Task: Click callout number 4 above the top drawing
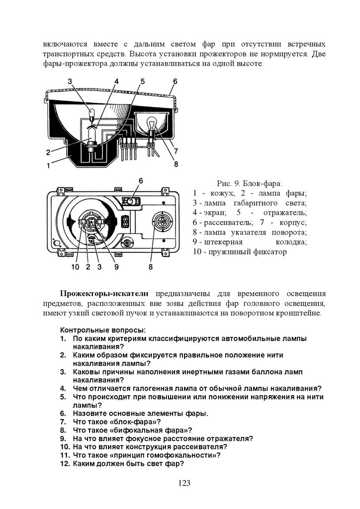[x=116, y=81]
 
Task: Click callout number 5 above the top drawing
[x=142, y=81]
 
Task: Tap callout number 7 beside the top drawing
[x=176, y=150]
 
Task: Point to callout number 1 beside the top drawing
[x=48, y=167]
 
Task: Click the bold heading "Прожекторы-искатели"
[x=104, y=294]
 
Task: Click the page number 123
[x=184, y=483]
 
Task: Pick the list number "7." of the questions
[x=63, y=422]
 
